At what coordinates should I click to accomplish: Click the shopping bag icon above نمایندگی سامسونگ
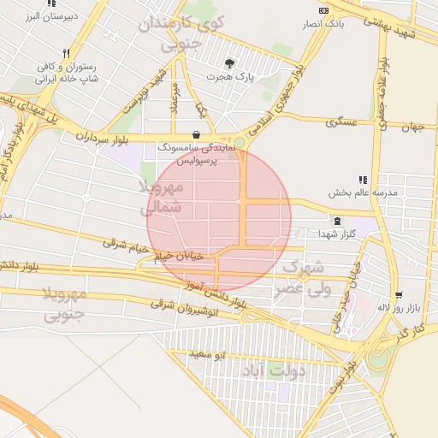(198, 134)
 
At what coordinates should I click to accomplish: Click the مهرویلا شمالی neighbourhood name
(160, 197)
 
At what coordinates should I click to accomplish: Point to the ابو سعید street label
(209, 353)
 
